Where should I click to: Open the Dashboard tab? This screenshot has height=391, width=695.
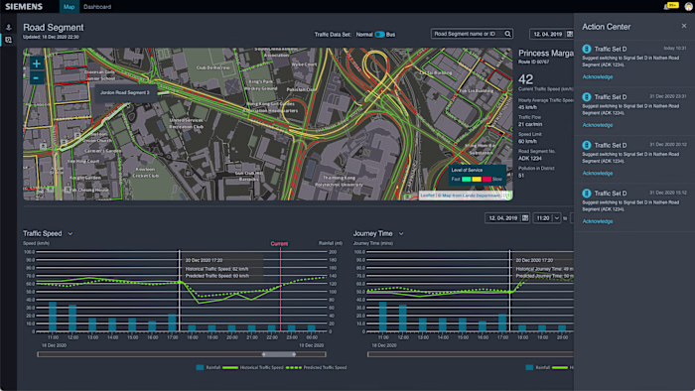pos(97,6)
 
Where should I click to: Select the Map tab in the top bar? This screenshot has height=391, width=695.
pos(69,6)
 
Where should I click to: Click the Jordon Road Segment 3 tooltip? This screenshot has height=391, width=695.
pos(124,92)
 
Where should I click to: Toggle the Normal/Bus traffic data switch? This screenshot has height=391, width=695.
pos(379,34)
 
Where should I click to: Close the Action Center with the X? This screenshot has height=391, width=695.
pos(684,26)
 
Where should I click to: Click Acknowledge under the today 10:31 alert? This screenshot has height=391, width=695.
pos(598,76)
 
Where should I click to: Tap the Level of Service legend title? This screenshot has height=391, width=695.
pos(468,171)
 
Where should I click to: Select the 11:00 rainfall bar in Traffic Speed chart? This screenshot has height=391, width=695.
pos(51,316)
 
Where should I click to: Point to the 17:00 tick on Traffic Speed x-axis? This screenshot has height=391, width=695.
pos(172,337)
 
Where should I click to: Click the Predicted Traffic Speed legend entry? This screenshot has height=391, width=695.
pos(323,367)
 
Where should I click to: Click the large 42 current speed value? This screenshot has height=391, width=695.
pos(527,78)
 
